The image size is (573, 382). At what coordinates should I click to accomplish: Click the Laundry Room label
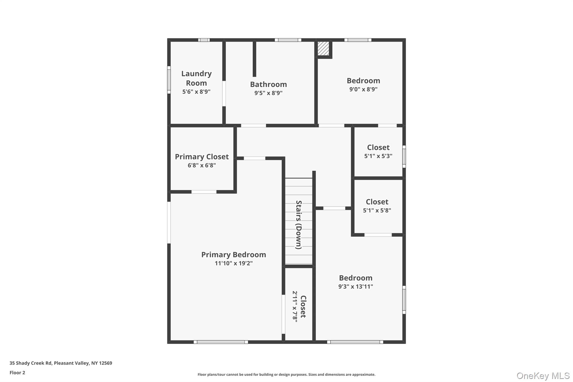(196, 78)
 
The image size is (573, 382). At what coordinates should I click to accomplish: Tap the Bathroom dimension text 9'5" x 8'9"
(268, 93)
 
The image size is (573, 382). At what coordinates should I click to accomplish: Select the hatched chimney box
(323, 49)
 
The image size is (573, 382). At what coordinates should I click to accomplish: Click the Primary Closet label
(202, 157)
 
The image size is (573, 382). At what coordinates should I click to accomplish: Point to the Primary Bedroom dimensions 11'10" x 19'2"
(234, 263)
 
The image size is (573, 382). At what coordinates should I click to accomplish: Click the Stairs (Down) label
(299, 225)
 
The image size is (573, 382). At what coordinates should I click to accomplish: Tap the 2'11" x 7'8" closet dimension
(295, 307)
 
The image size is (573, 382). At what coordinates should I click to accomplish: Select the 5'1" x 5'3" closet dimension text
(378, 156)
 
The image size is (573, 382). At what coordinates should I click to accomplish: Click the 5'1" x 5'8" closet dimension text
(377, 210)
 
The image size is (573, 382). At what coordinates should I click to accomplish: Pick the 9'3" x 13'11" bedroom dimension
(356, 286)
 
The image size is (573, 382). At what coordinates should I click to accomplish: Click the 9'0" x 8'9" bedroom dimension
(363, 89)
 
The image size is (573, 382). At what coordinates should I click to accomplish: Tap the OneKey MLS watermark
(543, 376)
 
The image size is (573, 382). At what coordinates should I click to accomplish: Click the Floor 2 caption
(17, 372)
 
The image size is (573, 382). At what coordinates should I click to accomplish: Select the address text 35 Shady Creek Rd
(30, 363)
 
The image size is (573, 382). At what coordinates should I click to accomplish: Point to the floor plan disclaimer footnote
(286, 374)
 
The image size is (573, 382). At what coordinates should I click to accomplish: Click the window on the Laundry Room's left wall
(169, 80)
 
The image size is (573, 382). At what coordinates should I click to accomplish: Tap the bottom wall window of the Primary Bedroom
(221, 342)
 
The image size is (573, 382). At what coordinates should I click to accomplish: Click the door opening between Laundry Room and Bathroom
(224, 93)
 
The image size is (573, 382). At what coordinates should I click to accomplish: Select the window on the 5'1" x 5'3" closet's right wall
(404, 156)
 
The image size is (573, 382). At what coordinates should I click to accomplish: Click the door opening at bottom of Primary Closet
(204, 192)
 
